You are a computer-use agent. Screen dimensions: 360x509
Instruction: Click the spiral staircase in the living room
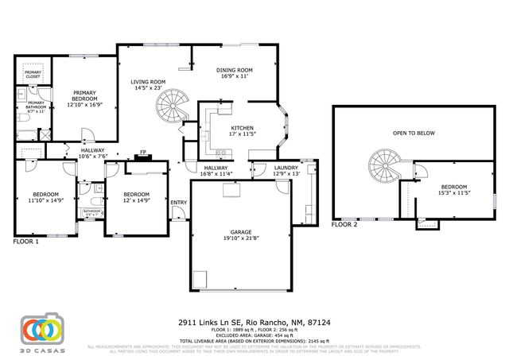point(172,105)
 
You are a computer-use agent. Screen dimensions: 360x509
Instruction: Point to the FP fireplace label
point(143,152)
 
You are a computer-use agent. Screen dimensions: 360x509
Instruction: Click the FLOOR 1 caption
point(26,241)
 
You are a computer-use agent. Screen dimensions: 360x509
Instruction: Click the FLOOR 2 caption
point(345,225)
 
